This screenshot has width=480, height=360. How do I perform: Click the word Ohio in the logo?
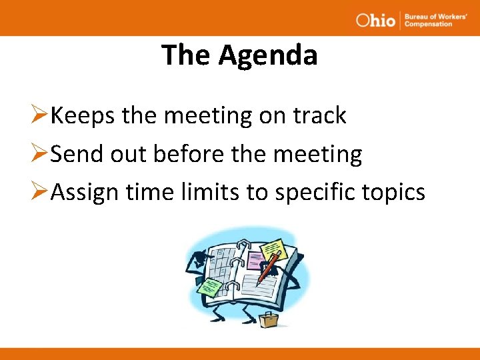[375, 20]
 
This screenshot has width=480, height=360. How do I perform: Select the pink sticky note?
[255, 260]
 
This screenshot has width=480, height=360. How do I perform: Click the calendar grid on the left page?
[220, 263]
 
